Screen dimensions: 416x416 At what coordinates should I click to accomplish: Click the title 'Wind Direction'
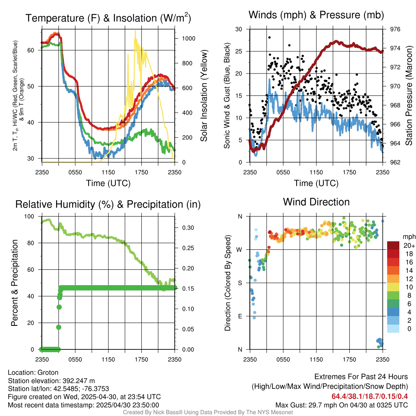316,202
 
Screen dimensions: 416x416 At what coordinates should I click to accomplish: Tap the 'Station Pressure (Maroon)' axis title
409,95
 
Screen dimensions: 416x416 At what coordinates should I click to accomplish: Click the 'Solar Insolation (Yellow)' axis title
204,95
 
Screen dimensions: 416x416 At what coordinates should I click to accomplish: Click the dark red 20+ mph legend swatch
393,246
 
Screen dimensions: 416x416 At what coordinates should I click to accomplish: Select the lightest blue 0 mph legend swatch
393,329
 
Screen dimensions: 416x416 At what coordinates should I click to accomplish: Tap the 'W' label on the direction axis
240,249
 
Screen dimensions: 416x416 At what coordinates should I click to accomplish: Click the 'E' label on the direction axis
240,316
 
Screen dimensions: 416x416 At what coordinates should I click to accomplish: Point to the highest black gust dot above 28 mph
269,37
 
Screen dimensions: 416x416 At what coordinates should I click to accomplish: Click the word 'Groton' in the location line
48,373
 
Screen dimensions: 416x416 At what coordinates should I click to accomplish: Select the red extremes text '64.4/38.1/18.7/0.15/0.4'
370,396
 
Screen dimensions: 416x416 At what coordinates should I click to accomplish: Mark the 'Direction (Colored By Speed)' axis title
227,283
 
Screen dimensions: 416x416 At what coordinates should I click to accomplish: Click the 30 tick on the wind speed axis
239,29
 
